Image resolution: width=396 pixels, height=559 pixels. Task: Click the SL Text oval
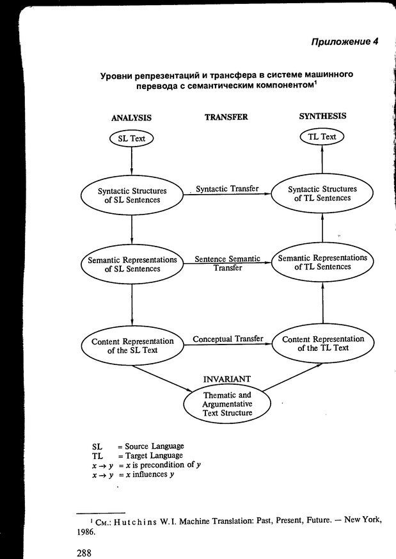[131, 138]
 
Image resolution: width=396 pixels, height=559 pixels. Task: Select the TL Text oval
[322, 136]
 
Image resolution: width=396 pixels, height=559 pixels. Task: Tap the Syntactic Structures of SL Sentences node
[132, 195]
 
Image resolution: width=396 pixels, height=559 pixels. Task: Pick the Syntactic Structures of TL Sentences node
[322, 193]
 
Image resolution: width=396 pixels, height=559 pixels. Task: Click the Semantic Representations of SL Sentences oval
[131, 265]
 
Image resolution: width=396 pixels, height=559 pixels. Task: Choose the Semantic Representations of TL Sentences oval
[322, 262]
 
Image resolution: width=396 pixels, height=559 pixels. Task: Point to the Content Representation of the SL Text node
[132, 346]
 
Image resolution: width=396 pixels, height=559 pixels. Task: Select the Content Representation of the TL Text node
[322, 343]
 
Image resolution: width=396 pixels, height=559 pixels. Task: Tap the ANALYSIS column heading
[131, 118]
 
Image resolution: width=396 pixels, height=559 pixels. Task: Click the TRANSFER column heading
[226, 117]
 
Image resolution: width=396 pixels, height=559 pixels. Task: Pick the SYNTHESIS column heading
[322, 116]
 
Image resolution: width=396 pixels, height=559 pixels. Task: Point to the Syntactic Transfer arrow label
[227, 189]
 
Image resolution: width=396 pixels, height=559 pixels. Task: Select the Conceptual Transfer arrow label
[228, 339]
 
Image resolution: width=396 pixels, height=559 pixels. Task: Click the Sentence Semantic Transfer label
[228, 263]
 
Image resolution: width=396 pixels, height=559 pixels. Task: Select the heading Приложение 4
[345, 42]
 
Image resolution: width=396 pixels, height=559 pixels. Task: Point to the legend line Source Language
[153, 446]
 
